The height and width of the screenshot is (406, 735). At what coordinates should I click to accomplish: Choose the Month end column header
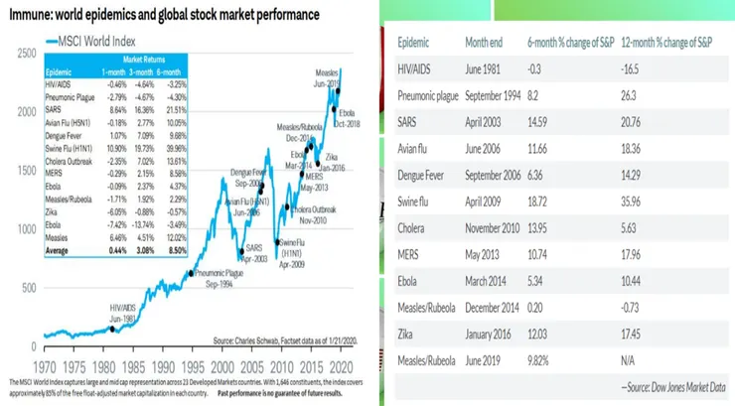(486, 43)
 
